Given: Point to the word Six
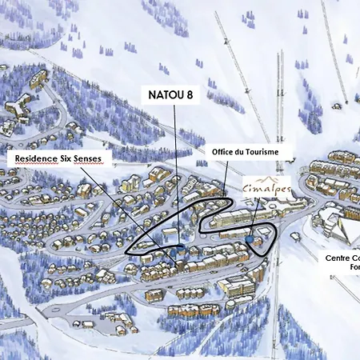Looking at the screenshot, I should [x=81, y=159].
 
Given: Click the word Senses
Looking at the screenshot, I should [x=108, y=159].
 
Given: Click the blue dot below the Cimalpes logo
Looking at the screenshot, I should [x=250, y=238].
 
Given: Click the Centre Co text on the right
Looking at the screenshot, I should [x=342, y=258].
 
